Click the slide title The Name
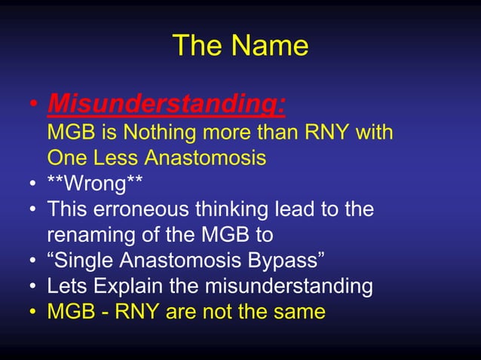click(240, 46)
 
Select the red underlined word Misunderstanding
click(166, 103)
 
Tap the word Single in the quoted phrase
click(83, 261)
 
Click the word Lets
click(66, 286)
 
